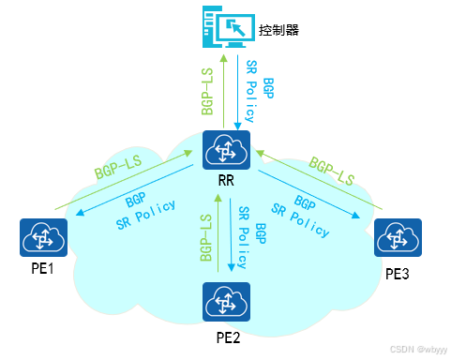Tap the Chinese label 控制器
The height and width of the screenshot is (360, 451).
tap(280, 30)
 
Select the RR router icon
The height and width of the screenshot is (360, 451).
tap(225, 152)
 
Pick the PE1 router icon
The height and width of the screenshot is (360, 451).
tap(42, 237)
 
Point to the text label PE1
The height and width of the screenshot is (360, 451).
tap(42, 270)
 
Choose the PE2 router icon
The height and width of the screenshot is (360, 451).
tap(225, 302)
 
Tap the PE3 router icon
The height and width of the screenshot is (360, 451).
tap(398, 238)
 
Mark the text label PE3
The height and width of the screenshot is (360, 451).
tap(398, 274)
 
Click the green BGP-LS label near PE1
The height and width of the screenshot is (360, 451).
tap(117, 169)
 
